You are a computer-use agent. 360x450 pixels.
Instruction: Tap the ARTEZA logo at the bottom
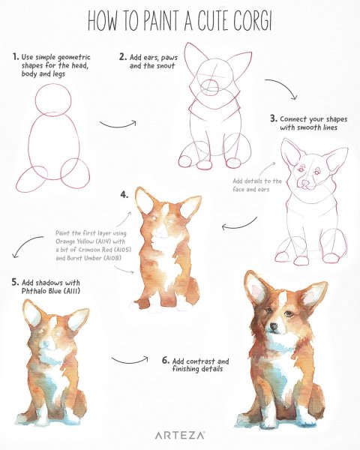180,435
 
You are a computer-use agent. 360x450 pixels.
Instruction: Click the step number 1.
16,56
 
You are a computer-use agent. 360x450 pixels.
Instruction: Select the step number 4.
124,195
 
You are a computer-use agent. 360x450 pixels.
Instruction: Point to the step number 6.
165,361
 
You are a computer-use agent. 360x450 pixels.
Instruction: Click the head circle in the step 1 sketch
53,84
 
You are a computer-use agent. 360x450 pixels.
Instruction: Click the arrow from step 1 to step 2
118,125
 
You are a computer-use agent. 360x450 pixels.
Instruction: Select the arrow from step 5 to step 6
130,361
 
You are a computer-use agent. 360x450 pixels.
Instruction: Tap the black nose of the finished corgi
274,326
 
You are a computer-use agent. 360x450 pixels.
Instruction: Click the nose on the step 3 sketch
306,183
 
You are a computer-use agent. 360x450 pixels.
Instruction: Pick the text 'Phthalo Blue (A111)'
50,291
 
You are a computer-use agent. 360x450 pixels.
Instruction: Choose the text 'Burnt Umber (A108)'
88,258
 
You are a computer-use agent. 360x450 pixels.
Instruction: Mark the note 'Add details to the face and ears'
257,185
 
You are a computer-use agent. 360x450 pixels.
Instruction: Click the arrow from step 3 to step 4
239,225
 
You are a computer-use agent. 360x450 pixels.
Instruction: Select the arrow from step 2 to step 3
282,87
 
